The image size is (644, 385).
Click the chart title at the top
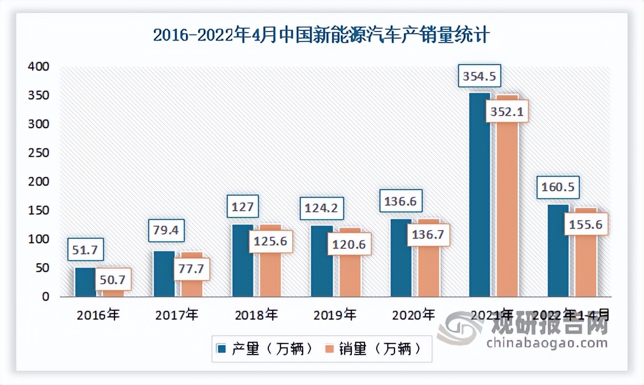(x=321, y=35)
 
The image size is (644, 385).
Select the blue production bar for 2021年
(x=479, y=194)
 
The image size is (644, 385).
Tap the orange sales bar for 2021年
(x=507, y=210)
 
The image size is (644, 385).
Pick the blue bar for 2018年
(x=242, y=261)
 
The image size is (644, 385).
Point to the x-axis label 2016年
(x=98, y=315)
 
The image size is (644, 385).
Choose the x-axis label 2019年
(x=335, y=315)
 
